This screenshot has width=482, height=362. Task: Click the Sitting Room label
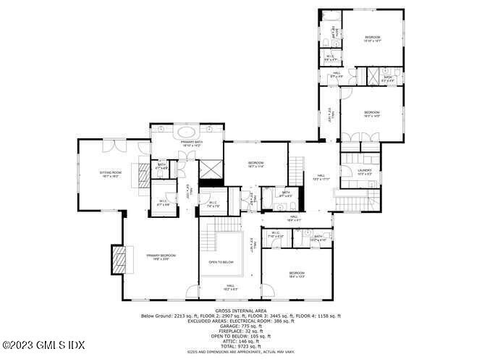(x=111, y=174)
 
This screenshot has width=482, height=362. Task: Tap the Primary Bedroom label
(x=161, y=256)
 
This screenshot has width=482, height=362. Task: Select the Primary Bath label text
(x=192, y=143)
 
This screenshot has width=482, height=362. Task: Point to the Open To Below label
(x=221, y=261)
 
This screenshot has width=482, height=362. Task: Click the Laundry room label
(x=364, y=172)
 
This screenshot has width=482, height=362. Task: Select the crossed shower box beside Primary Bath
(x=210, y=170)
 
